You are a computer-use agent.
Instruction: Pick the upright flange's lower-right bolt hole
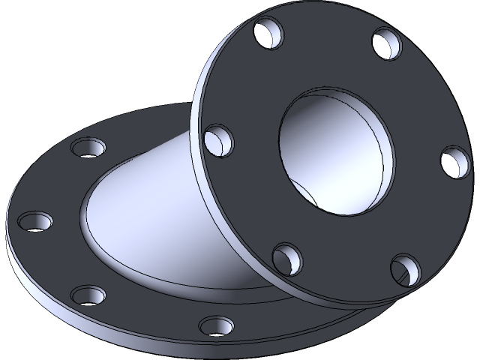point(406,268)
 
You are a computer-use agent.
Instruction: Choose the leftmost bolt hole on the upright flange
point(216,140)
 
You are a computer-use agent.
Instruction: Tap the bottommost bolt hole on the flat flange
point(217,325)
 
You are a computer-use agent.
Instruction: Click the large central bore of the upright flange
point(334,154)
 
